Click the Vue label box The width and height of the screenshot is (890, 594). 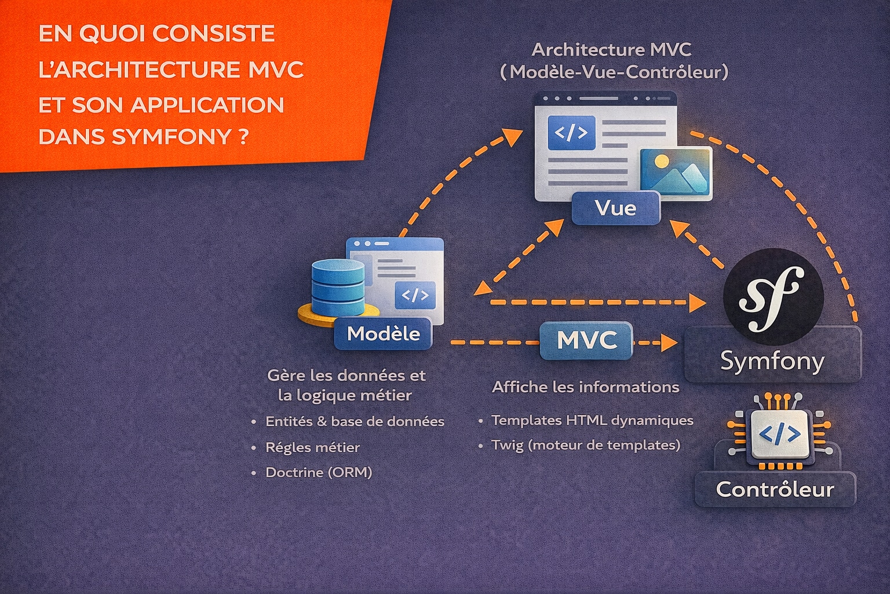click(615, 208)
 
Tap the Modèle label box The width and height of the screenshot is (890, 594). click(383, 334)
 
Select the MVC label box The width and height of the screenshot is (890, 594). click(586, 340)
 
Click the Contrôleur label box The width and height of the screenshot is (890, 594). click(775, 489)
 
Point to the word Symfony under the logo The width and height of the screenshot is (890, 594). click(772, 361)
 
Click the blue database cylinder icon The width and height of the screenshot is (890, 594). click(338, 287)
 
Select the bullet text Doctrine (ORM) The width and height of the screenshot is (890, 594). click(318, 472)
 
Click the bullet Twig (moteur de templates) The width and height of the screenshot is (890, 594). click(585, 445)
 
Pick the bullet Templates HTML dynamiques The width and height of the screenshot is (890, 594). click(592, 420)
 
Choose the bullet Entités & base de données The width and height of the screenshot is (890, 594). click(354, 422)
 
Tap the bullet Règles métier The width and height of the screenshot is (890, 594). click(312, 447)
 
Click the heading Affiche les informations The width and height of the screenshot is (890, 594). click(585, 387)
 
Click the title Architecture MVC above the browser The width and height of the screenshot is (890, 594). click(611, 50)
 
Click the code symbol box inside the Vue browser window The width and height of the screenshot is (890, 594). click(571, 133)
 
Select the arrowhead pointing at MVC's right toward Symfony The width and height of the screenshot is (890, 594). click(670, 342)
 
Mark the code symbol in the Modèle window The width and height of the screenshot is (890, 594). click(415, 295)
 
